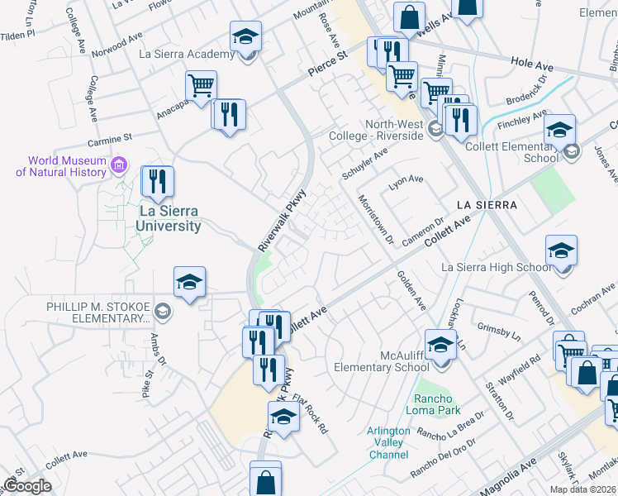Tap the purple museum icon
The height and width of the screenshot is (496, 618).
pos(119,165)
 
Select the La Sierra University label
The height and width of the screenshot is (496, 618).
pos(169,219)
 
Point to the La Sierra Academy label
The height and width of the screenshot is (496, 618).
pos(188,55)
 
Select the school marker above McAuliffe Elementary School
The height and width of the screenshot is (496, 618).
pos(440,344)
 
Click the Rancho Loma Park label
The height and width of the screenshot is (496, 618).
pos(438,404)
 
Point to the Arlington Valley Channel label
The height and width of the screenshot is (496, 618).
pos(388,443)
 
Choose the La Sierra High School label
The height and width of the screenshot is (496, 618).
pos(497,267)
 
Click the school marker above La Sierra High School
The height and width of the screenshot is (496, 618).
pos(561,250)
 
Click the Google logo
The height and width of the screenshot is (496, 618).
pos(27,486)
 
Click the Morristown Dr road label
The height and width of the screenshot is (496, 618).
pos(376,219)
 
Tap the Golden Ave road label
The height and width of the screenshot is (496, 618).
pos(411,291)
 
